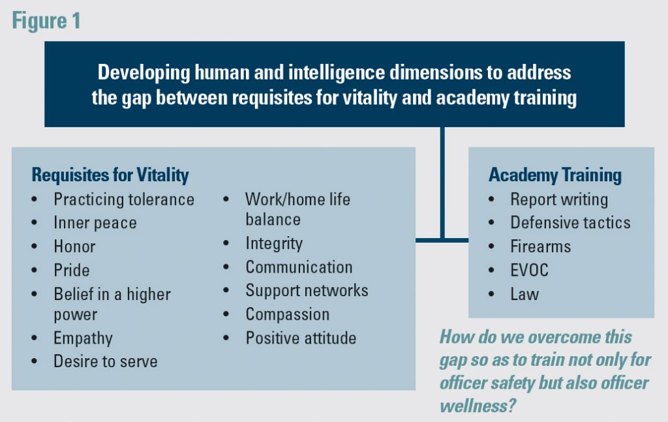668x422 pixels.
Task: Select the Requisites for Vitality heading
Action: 110,175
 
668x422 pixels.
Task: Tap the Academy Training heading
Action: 555,175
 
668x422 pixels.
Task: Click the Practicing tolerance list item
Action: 124,199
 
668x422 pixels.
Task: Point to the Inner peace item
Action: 95,223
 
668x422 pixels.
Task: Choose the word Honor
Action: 74,247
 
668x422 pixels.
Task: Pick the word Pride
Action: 72,270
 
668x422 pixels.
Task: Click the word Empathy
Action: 83,338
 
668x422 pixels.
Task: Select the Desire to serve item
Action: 106,361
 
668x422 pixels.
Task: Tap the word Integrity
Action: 274,243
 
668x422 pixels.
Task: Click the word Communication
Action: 299,267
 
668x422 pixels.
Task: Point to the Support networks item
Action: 307,291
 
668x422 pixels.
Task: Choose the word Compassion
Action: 287,314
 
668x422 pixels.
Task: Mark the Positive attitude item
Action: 301,338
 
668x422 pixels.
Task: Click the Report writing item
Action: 559,199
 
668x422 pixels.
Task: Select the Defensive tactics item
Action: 570,222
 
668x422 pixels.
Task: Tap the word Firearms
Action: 540,247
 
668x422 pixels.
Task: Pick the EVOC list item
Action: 529,270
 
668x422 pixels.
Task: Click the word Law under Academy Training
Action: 524,294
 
